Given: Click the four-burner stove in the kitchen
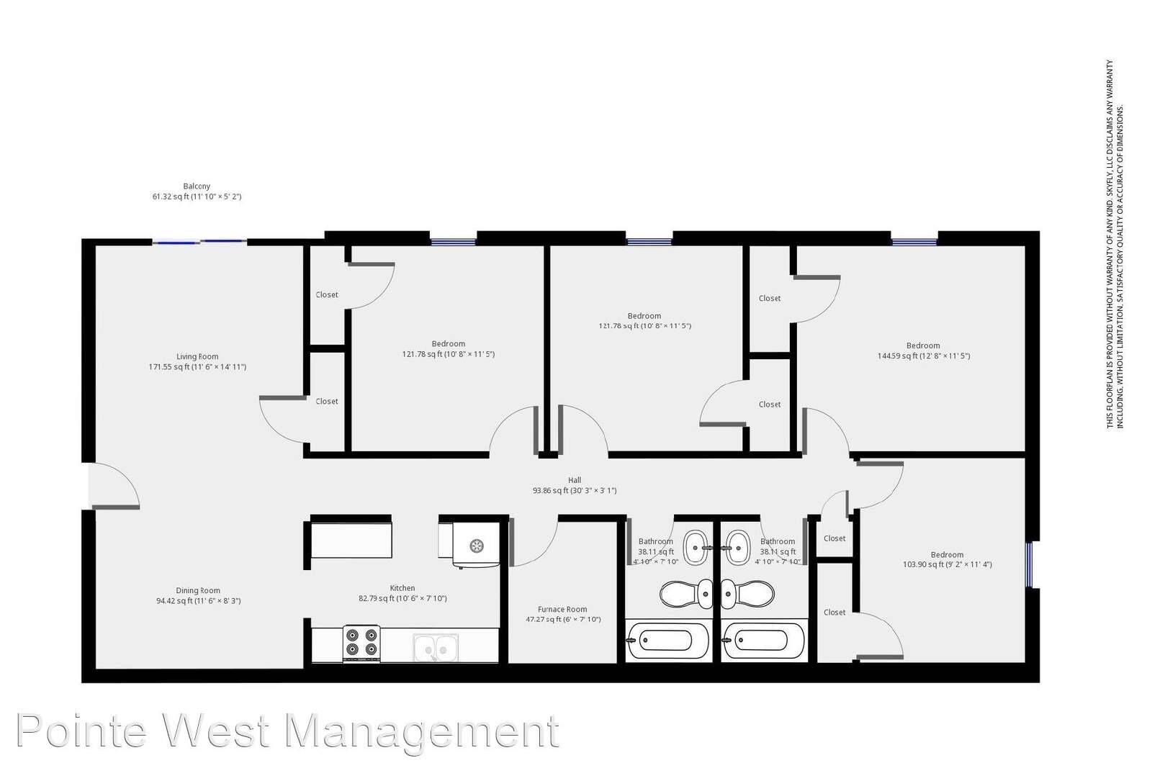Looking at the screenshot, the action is (x=361, y=643).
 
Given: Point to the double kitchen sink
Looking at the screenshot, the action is (x=436, y=647).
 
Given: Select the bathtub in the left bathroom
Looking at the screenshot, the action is (x=668, y=640).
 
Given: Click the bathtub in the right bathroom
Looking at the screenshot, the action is (x=763, y=640).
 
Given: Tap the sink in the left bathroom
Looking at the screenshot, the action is (x=696, y=548).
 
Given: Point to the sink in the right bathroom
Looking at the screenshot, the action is (x=737, y=548).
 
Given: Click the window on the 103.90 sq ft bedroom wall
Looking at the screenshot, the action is (x=1029, y=564).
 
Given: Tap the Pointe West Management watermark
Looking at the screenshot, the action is (x=288, y=731).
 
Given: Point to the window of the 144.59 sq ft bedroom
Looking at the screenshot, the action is (x=914, y=242).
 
